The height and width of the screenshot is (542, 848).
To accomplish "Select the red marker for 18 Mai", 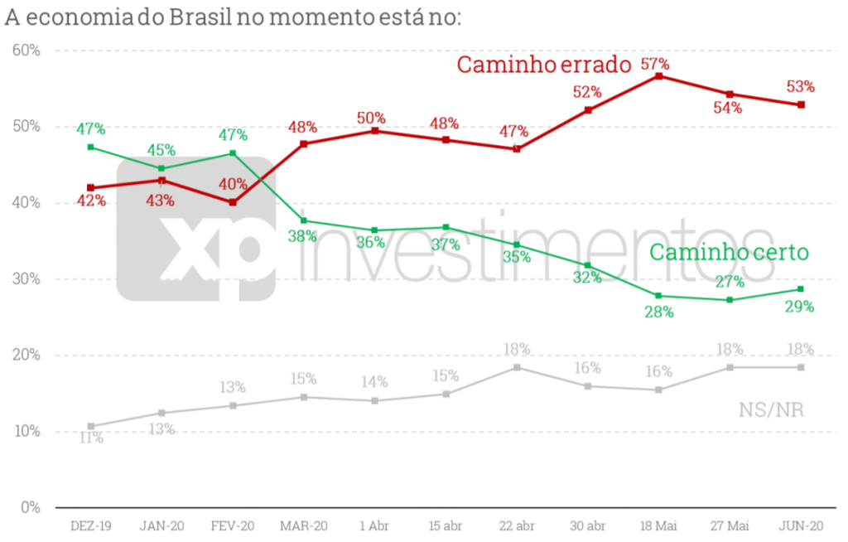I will click(x=658, y=76).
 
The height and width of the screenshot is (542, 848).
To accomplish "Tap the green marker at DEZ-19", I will click(x=90, y=148).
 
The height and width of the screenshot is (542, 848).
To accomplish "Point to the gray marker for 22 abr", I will click(x=517, y=367).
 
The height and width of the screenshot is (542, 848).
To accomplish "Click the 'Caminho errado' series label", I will click(x=544, y=65).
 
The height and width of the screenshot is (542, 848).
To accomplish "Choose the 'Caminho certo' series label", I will click(x=728, y=253).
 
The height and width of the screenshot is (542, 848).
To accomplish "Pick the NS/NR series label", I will click(x=771, y=409).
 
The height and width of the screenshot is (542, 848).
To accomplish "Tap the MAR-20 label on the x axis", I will click(x=303, y=526).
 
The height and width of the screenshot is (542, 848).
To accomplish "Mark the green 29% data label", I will click(x=799, y=307).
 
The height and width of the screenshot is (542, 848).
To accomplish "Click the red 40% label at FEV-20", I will click(x=233, y=184).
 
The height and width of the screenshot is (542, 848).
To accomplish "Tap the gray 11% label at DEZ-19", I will click(x=91, y=438).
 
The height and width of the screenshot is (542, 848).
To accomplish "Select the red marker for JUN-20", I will click(x=801, y=104).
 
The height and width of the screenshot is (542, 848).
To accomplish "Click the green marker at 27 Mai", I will click(x=730, y=300).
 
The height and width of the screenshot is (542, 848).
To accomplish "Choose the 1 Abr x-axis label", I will click(x=374, y=526).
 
